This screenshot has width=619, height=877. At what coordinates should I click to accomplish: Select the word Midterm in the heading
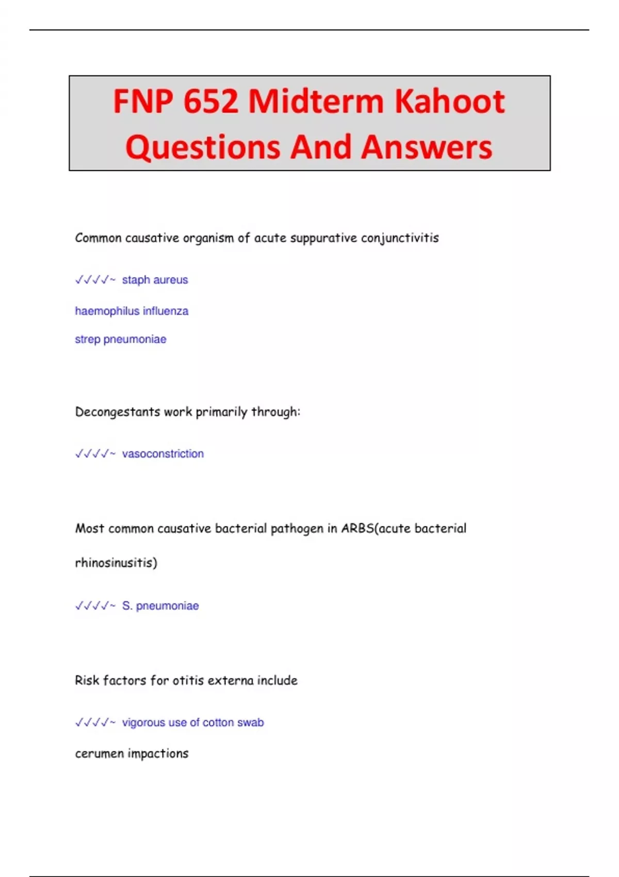(317, 101)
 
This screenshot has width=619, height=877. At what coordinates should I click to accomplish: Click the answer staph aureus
(155, 280)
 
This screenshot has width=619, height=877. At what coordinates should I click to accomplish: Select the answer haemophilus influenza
(132, 311)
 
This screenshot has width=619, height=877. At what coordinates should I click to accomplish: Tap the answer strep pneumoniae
(121, 339)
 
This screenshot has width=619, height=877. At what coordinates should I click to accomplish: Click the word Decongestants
(118, 412)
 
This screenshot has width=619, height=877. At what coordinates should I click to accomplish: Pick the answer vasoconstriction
(162, 454)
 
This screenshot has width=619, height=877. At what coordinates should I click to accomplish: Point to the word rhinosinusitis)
(116, 562)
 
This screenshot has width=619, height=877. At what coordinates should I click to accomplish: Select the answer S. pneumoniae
(160, 606)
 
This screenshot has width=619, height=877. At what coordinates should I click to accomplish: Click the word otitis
(188, 680)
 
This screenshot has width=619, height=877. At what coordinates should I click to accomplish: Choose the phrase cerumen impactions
(132, 754)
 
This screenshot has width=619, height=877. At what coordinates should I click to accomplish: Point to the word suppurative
(323, 238)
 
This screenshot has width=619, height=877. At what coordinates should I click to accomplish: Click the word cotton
(218, 723)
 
